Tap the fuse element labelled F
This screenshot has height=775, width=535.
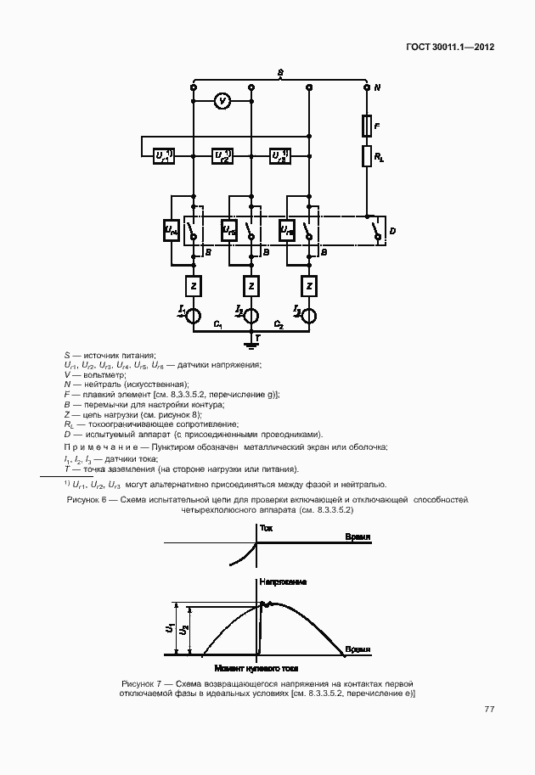(x=366, y=126)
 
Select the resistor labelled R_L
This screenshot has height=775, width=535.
(x=366, y=156)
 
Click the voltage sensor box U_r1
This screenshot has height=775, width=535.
(x=164, y=156)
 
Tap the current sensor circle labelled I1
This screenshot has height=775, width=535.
(x=193, y=317)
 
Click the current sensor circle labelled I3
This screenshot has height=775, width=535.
(x=308, y=317)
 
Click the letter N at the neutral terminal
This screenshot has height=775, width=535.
(x=377, y=87)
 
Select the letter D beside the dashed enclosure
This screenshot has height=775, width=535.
(x=391, y=230)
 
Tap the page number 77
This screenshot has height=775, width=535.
(x=489, y=709)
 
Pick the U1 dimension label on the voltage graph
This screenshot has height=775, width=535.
(x=171, y=629)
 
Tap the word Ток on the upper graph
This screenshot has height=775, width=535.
(x=266, y=527)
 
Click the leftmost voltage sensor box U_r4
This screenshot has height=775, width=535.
(x=170, y=230)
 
